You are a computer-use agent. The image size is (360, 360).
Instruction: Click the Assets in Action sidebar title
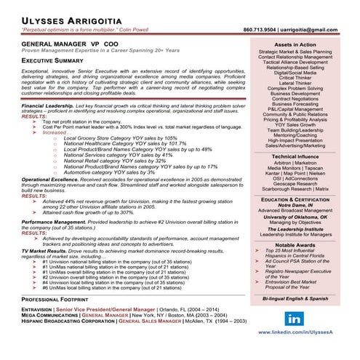click(x=305, y=45)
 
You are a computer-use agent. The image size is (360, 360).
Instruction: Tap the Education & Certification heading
click(x=305, y=199)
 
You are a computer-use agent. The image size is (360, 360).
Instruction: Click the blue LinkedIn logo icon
click(x=295, y=319)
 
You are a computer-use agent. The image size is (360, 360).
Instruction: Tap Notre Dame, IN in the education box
click(x=305, y=205)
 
